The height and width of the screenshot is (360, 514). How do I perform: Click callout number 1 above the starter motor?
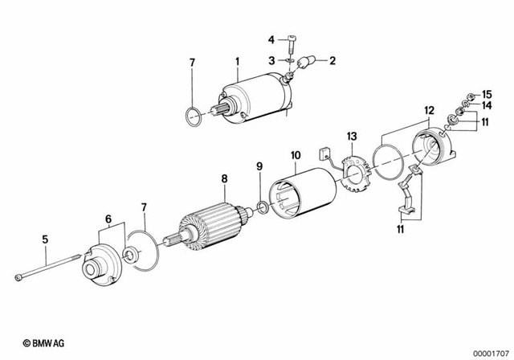click(x=238, y=61)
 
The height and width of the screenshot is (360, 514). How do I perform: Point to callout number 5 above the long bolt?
click(x=45, y=239)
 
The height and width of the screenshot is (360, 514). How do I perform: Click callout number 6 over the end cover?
click(x=108, y=218)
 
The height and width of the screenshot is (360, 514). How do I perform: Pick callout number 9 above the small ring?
click(x=259, y=166)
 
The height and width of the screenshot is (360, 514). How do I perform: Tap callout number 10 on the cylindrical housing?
click(x=295, y=153)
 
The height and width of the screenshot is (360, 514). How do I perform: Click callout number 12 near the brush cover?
click(x=429, y=109)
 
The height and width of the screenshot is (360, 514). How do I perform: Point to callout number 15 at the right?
click(x=486, y=94)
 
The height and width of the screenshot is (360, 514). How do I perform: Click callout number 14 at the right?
click(x=486, y=105)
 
